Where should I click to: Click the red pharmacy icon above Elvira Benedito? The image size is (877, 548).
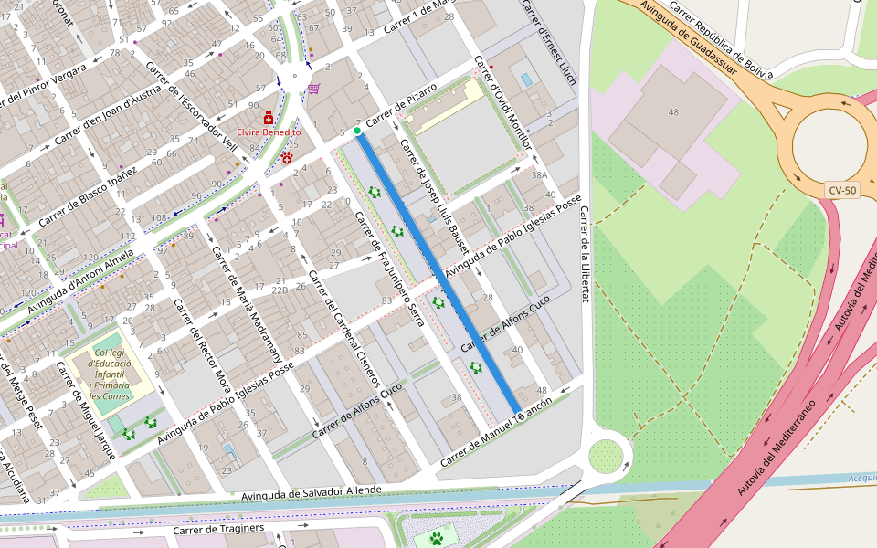pos(269,119)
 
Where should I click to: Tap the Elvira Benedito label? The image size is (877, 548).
pos(269,132)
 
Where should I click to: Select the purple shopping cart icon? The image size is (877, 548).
pos(313,89)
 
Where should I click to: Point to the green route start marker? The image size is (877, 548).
pos(357,132)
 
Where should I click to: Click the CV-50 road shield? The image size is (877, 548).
pos(841,190)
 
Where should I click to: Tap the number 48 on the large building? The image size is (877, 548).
pos(673,112)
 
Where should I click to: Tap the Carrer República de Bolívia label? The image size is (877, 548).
pos(722,41)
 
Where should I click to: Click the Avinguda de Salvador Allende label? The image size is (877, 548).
pos(312,492)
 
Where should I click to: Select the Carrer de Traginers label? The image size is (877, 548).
pos(218,529)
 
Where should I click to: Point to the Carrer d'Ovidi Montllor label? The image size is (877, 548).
pos(502,103)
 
